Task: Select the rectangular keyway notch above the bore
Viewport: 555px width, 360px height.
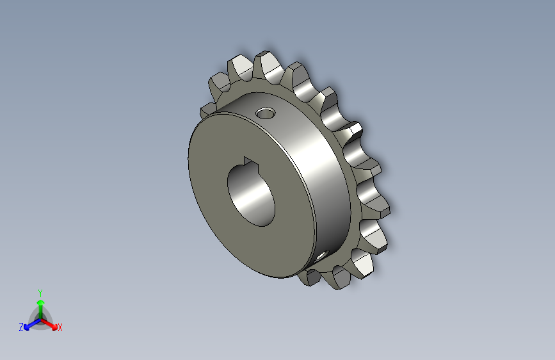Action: [x=250, y=161]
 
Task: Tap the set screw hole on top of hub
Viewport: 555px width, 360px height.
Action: [x=264, y=114]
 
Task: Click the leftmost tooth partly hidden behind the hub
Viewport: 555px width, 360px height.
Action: [x=207, y=110]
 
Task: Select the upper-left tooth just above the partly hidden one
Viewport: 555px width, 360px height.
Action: [x=218, y=83]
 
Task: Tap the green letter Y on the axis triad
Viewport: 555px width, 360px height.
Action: [x=40, y=291]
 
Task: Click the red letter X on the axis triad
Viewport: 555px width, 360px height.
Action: [x=60, y=328]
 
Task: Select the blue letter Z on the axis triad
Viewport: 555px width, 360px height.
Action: [x=21, y=327]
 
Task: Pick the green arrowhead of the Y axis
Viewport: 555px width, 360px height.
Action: [x=40, y=302]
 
